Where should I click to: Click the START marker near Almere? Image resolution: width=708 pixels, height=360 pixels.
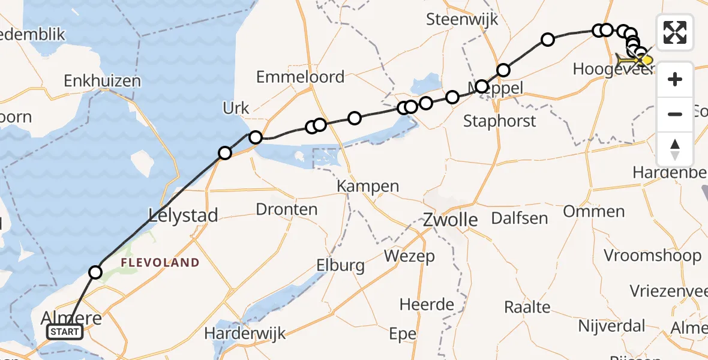pyautogui.click(x=65, y=332)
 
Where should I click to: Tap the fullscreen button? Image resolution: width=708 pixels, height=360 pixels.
pyautogui.click(x=675, y=32)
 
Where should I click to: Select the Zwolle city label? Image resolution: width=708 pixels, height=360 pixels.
pyautogui.click(x=450, y=220)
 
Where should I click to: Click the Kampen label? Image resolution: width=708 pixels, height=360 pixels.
pyautogui.click(x=368, y=186)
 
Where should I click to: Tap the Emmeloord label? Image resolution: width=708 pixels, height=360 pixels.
pyautogui.click(x=300, y=77)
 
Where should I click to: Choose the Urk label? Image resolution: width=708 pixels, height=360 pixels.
pyautogui.click(x=236, y=109)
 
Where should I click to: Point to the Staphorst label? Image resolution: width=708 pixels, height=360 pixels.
pyautogui.click(x=500, y=121)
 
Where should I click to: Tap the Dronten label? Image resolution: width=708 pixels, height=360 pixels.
pyautogui.click(x=286, y=209)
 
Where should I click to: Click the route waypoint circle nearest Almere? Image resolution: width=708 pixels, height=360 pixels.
pyautogui.click(x=95, y=273)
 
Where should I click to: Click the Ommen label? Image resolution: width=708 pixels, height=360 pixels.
pyautogui.click(x=593, y=211)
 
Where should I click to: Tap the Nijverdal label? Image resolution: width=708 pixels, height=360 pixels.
pyautogui.click(x=611, y=326)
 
